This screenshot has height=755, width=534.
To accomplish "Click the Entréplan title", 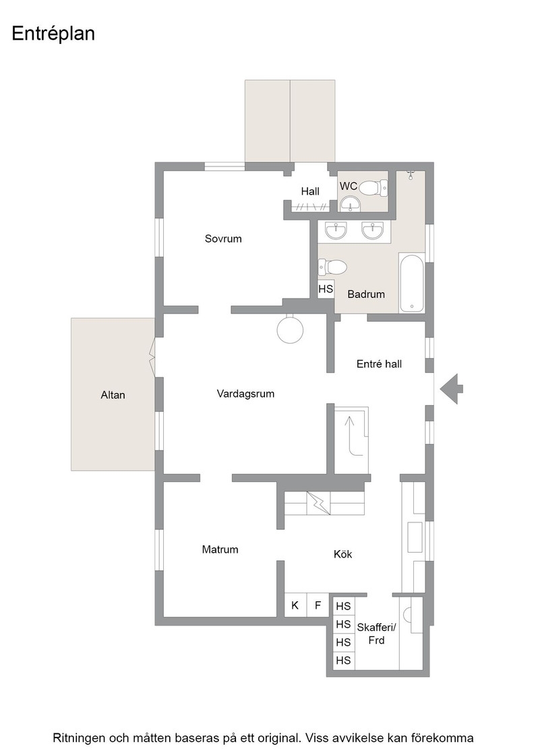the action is [x=53, y=34].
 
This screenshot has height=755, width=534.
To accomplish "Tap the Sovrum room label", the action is [x=223, y=239].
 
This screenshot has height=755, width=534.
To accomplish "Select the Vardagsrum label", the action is [x=245, y=394].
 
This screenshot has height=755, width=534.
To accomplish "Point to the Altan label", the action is [x=113, y=395].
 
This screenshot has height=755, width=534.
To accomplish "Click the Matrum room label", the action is [x=220, y=549].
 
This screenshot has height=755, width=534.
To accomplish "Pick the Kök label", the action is [x=343, y=554].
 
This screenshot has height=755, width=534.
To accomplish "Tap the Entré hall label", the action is [x=379, y=364].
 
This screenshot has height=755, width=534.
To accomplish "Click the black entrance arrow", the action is [x=451, y=388].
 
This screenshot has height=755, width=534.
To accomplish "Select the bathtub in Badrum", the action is [x=411, y=282].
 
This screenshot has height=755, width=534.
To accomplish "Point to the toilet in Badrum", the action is [x=332, y=267].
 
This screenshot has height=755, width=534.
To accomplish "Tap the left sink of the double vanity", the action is [x=336, y=230].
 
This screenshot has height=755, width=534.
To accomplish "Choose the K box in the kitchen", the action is [x=295, y=605].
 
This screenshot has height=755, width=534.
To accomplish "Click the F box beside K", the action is [x=318, y=605].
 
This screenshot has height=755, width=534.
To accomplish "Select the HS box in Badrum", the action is [x=326, y=289].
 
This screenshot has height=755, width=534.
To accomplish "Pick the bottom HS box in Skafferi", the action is [x=343, y=660].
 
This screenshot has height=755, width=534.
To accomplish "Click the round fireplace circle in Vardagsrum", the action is [x=291, y=330].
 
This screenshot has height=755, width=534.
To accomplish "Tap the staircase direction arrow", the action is [x=349, y=427].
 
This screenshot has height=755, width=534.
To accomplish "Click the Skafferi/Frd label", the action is [x=376, y=634].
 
